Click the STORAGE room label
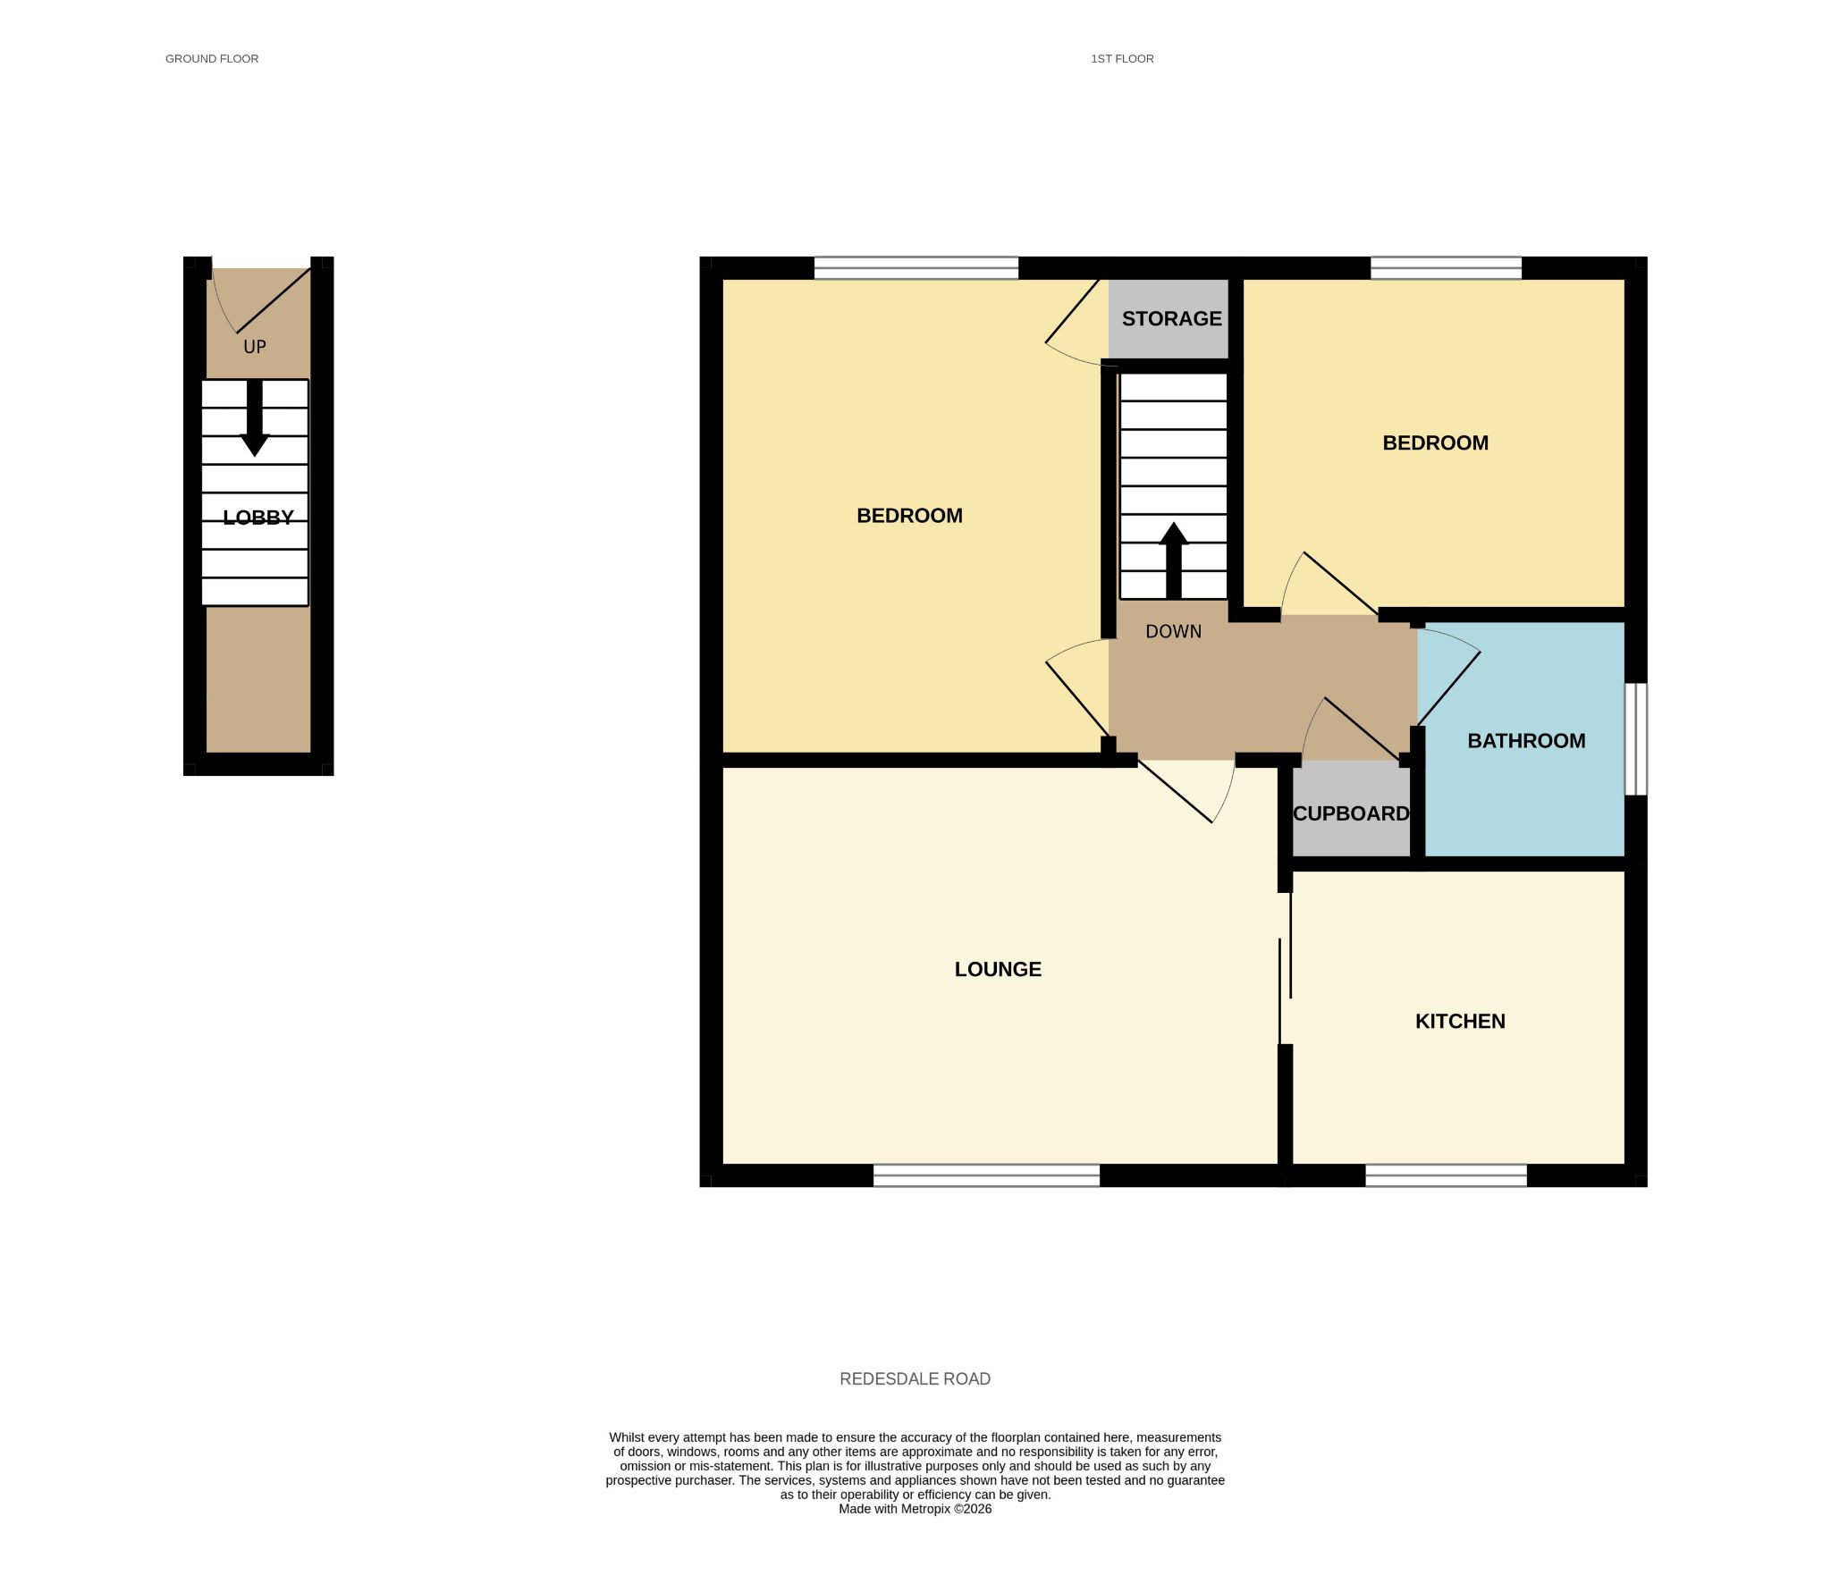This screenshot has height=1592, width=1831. [1171, 319]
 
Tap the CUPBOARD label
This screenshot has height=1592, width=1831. [1351, 813]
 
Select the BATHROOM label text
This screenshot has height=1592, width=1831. [1526, 741]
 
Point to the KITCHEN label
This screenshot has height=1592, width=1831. [1460, 1022]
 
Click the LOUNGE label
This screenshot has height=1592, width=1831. [998, 970]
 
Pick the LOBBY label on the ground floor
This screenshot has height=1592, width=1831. [258, 518]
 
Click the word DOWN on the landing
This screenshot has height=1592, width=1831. [1173, 632]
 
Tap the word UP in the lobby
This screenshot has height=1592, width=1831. [255, 347]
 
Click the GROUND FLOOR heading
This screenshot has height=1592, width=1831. [212, 59]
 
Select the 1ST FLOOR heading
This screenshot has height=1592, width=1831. [1122, 59]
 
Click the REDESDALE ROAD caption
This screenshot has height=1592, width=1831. [915, 1379]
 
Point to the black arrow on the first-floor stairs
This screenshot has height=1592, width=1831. [1173, 560]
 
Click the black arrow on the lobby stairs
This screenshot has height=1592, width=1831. [255, 418]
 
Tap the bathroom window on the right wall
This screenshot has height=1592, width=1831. [1635, 739]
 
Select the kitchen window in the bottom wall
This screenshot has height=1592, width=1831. [1446, 1175]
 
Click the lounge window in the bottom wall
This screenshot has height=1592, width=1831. [986, 1175]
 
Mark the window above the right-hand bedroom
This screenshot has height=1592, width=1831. [1446, 268]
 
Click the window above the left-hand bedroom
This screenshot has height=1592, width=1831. [915, 268]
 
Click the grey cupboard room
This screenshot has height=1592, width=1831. [1351, 809]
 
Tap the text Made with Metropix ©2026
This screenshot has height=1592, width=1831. [915, 1509]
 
